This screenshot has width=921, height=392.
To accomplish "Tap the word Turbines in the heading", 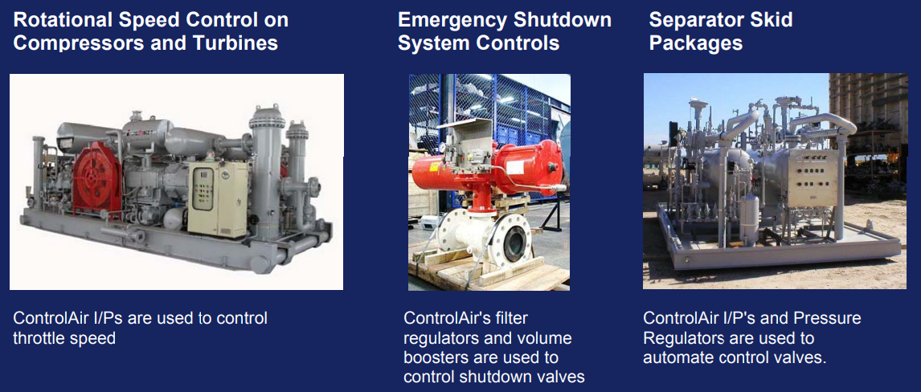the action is (x=236, y=43).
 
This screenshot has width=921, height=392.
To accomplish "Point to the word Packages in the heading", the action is (x=695, y=43).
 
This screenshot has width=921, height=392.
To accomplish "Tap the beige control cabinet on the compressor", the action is (x=217, y=198).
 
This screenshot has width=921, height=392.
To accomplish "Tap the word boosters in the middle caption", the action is (x=437, y=357).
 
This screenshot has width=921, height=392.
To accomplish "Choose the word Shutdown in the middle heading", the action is (x=561, y=20).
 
